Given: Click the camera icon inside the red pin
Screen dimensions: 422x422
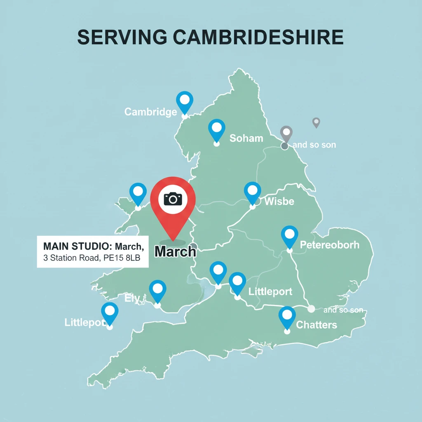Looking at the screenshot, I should pyautogui.click(x=173, y=199).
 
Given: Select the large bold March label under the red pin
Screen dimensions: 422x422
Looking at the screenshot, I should pyautogui.click(x=175, y=251).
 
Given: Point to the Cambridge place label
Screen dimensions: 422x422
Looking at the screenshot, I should pyautogui.click(x=150, y=112).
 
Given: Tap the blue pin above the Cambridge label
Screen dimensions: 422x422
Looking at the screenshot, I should pyautogui.click(x=185, y=101).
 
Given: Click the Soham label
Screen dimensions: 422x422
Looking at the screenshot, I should pyautogui.click(x=246, y=138).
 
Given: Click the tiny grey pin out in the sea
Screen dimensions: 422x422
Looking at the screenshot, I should pyautogui.click(x=316, y=122).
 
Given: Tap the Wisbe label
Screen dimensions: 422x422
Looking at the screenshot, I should pyautogui.click(x=279, y=202).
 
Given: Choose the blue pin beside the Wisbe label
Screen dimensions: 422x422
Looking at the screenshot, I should pyautogui.click(x=253, y=192).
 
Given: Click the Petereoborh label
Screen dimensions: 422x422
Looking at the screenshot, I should pyautogui.click(x=329, y=245).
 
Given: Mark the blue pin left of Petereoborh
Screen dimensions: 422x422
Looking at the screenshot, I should pyautogui.click(x=289, y=235).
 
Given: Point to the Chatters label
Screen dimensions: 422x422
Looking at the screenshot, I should pyautogui.click(x=316, y=325).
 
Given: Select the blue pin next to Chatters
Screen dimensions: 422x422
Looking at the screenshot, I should pyautogui.click(x=287, y=316).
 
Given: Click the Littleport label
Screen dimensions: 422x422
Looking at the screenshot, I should pyautogui.click(x=270, y=292).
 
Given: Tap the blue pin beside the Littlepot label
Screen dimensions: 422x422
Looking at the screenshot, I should pyautogui.click(x=110, y=312).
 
